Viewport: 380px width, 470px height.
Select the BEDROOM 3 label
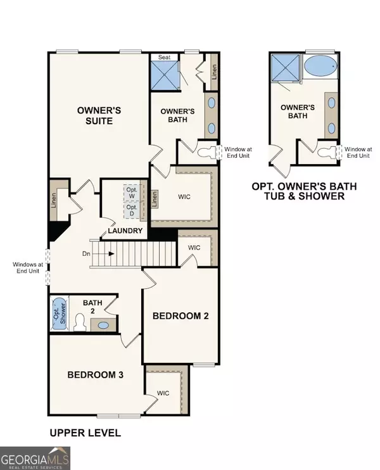coord(95,375)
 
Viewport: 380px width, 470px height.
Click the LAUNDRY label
coord(125,231)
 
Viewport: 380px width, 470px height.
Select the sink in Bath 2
coord(103,325)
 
